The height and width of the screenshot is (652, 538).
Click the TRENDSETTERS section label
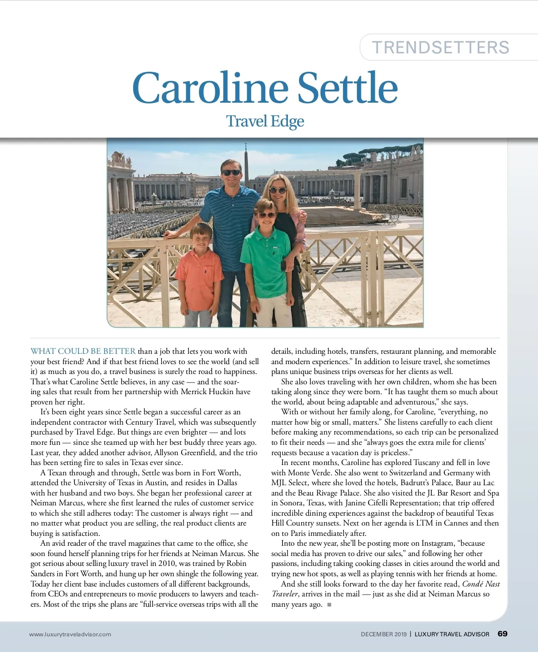(441, 48)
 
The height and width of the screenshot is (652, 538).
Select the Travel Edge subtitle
(265, 122)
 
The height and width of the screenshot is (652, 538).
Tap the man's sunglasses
(232, 173)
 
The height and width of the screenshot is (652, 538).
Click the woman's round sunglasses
(278, 190)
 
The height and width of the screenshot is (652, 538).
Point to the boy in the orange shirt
(200, 274)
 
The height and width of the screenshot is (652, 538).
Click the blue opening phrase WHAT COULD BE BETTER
(83, 351)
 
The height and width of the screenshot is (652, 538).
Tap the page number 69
(503, 634)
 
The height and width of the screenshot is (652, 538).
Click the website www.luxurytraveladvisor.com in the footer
(70, 634)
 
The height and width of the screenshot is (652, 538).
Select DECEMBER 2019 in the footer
(383, 634)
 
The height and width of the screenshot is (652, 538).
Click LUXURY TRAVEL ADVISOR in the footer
(451, 634)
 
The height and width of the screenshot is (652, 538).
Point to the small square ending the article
(329, 604)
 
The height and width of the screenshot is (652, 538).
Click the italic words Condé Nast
(481, 584)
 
